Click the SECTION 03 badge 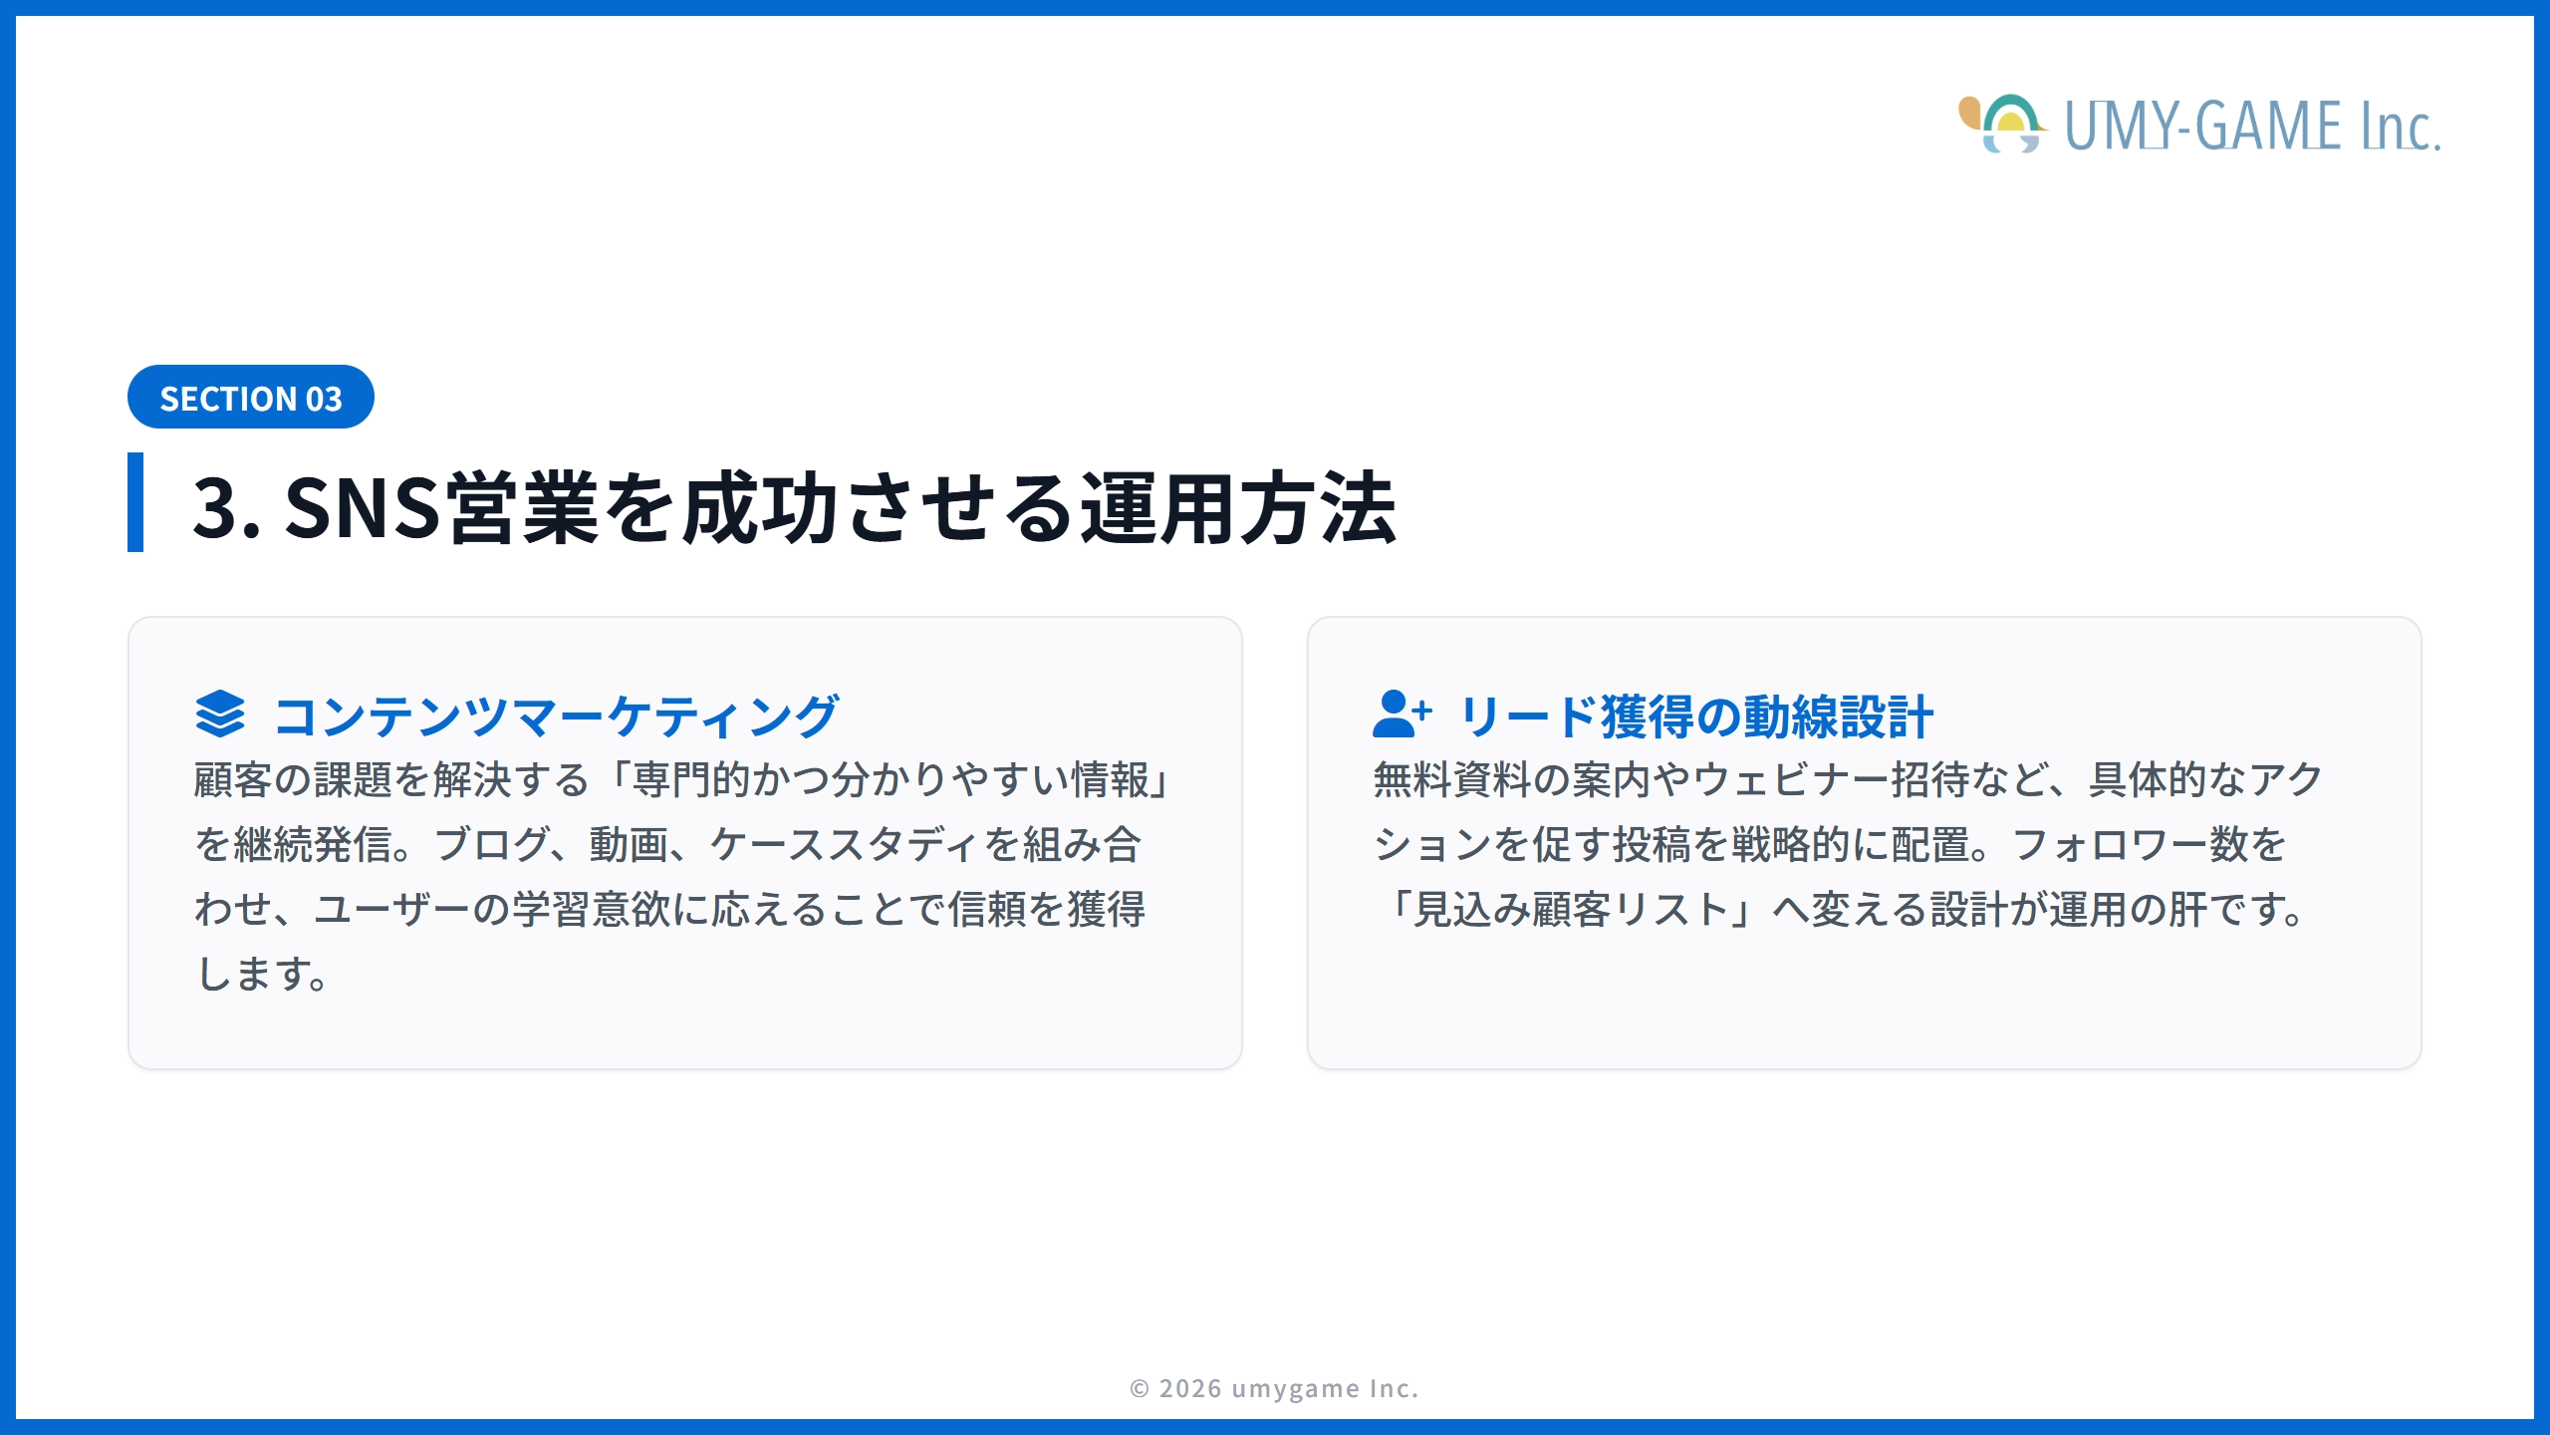click(250, 398)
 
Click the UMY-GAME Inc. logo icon click(2002, 125)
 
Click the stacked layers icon click(220, 714)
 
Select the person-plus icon click(1401, 714)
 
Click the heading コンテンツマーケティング click(556, 717)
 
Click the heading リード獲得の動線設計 click(1696, 717)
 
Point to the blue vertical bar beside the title click(135, 502)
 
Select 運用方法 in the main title click(1238, 508)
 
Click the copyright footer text click(1274, 1388)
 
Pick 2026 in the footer click(1190, 1388)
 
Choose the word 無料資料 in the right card click(1451, 780)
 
